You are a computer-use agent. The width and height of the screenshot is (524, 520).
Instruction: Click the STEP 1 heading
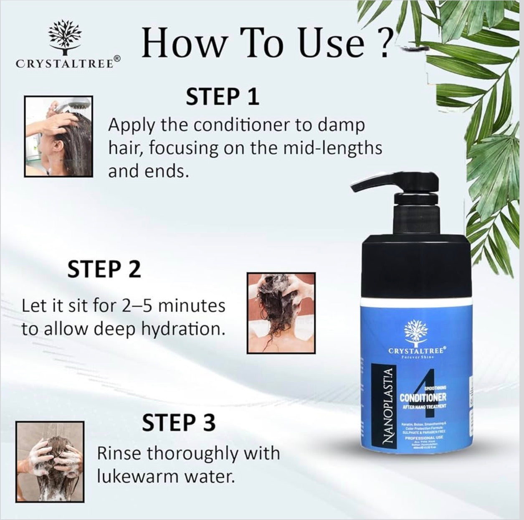[x=223, y=96]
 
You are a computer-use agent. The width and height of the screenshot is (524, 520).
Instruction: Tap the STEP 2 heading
[x=104, y=270]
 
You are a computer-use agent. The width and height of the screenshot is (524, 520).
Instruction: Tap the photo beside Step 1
[x=59, y=137]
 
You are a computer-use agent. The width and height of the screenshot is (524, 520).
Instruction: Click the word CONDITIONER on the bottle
[x=423, y=397]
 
